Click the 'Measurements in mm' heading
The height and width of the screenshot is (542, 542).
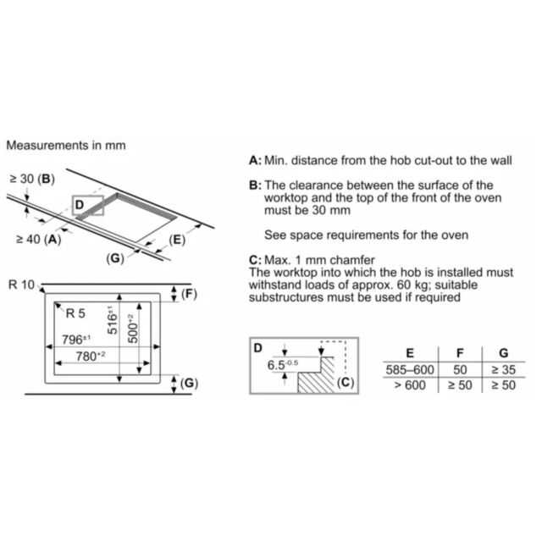66,145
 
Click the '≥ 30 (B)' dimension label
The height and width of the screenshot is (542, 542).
32,179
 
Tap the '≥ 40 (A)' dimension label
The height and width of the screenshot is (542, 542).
38,239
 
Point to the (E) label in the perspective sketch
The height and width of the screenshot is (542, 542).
177,240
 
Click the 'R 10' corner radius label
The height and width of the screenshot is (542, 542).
21,285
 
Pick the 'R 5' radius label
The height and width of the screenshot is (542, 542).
75,313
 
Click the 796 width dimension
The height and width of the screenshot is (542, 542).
76,340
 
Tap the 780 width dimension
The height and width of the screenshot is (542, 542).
91,356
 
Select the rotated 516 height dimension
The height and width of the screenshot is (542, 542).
113,320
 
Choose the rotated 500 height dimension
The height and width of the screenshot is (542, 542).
133,329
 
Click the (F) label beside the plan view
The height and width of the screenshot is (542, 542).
189,294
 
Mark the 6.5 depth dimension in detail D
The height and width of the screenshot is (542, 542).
282,365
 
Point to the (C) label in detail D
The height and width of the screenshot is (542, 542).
346,382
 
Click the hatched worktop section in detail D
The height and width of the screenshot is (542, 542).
316,379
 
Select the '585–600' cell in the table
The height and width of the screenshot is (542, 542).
410,370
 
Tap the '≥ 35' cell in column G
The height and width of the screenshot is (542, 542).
504,370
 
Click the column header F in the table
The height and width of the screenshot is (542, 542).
460,353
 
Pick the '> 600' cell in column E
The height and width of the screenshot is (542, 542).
410,385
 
